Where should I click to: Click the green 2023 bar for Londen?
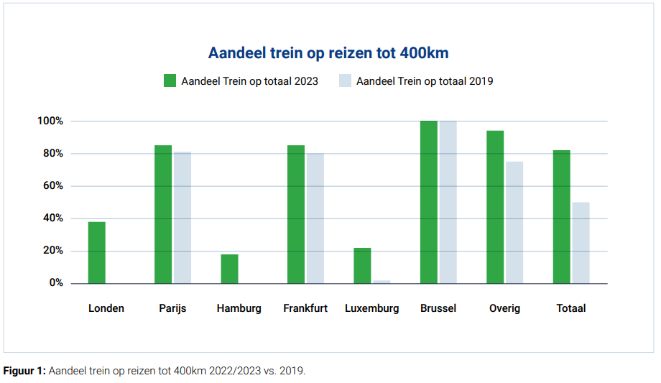coord(97,252)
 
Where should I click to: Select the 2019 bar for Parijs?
coord(182,217)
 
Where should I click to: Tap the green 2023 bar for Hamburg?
coord(230,269)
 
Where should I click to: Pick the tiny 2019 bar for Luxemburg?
coord(382,282)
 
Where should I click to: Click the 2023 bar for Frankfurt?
coord(296,214)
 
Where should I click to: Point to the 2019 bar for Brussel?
coord(448,202)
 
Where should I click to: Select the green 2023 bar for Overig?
coord(495,207)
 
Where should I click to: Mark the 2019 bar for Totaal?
coord(581,243)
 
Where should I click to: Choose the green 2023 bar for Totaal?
coord(562,216)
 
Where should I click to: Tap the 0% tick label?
coord(56,283)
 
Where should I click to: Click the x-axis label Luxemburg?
coord(371,308)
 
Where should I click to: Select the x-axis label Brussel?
coord(438,308)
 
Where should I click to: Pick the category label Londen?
coord(106,308)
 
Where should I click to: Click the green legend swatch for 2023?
coord(170,80)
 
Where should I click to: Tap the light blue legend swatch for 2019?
coord(345,80)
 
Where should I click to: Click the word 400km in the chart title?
coord(424,53)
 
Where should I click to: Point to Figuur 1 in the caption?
coord(24,371)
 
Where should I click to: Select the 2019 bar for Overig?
coord(514,222)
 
